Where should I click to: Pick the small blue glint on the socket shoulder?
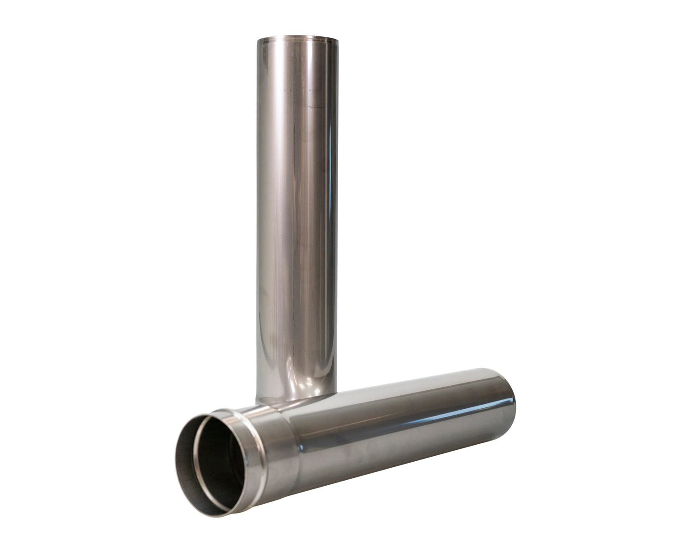(300, 448)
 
